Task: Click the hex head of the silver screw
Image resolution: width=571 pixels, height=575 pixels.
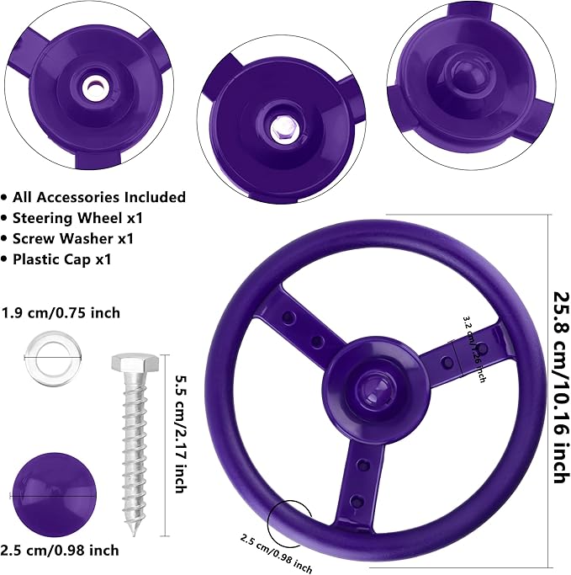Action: (x=131, y=365)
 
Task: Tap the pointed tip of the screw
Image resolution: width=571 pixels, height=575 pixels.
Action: (x=136, y=532)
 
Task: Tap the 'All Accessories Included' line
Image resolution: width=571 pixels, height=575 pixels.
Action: (x=99, y=197)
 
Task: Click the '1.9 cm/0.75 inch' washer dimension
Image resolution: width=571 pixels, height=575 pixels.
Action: (x=61, y=313)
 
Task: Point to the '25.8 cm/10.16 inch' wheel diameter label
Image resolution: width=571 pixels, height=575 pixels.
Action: (x=557, y=387)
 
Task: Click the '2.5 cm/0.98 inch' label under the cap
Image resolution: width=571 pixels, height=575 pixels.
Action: (x=61, y=551)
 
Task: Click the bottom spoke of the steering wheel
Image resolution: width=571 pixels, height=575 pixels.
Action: (x=357, y=476)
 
